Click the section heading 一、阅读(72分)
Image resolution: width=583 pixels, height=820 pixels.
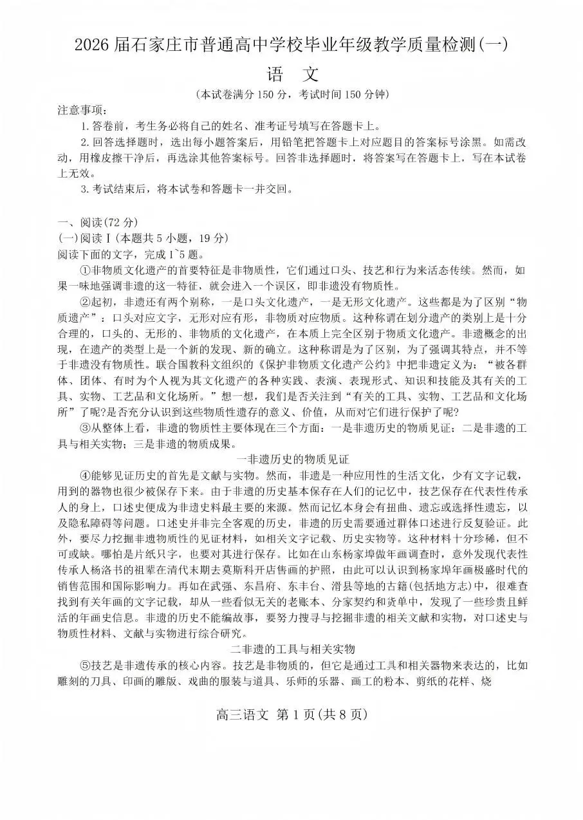(x=97, y=223)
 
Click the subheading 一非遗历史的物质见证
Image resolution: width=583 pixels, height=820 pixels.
(x=292, y=459)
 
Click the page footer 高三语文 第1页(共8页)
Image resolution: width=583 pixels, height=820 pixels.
(x=291, y=714)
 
